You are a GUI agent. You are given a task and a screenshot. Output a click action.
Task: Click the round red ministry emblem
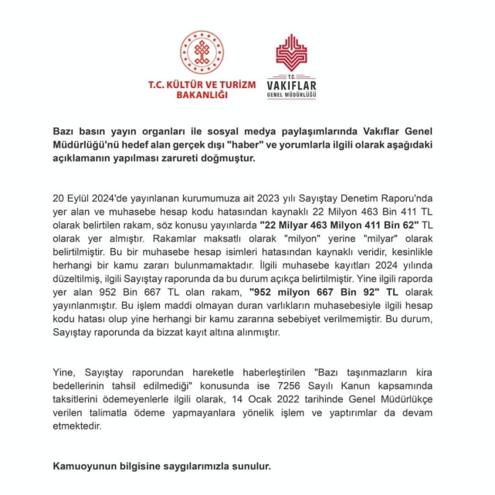pyautogui.click(x=202, y=52)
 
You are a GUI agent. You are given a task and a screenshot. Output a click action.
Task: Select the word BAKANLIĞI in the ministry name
pyautogui.click(x=202, y=95)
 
